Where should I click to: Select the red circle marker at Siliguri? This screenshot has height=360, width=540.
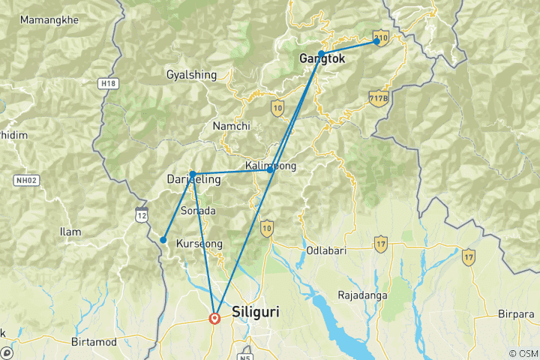[215, 318]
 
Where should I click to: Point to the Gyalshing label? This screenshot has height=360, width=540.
[191, 75]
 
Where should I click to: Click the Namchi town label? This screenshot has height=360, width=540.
[231, 126]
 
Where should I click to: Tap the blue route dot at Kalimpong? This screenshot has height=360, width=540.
[270, 170]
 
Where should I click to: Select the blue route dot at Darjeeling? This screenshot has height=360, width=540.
[193, 174]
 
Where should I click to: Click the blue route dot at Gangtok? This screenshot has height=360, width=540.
[321, 53]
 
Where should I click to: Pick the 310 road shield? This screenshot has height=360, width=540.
[381, 37]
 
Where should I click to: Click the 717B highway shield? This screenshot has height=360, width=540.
[378, 97]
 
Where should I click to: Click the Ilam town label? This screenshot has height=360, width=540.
[70, 232]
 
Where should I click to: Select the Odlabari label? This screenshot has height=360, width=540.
[325, 250]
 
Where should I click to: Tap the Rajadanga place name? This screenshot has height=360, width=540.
[362, 295]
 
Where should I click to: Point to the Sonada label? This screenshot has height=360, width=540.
[198, 211]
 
